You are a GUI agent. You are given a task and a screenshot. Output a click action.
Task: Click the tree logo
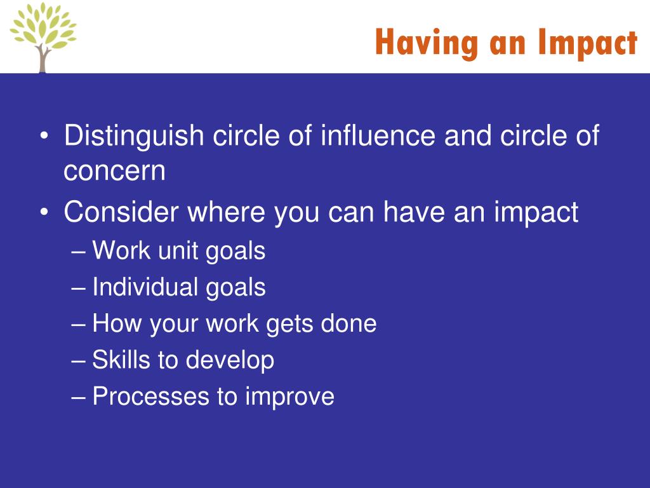click(43, 37)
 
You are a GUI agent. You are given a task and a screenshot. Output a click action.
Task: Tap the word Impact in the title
click(587, 44)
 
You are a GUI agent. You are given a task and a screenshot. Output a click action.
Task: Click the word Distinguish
click(134, 136)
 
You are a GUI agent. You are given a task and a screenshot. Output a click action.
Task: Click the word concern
click(114, 171)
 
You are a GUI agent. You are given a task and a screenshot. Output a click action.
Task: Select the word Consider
click(121, 212)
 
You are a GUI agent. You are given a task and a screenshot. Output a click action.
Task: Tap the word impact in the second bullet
click(536, 213)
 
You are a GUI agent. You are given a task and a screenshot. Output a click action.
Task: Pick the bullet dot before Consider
click(44, 212)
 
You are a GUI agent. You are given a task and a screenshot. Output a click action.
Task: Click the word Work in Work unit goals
click(121, 250)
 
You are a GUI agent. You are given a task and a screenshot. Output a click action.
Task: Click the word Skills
click(120, 360)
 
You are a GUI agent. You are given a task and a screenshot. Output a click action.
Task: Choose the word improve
click(289, 397)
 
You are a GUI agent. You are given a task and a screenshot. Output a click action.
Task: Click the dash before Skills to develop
click(78, 361)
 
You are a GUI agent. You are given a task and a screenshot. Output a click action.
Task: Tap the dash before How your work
click(78, 324)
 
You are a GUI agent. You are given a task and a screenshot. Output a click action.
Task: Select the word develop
click(230, 360)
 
